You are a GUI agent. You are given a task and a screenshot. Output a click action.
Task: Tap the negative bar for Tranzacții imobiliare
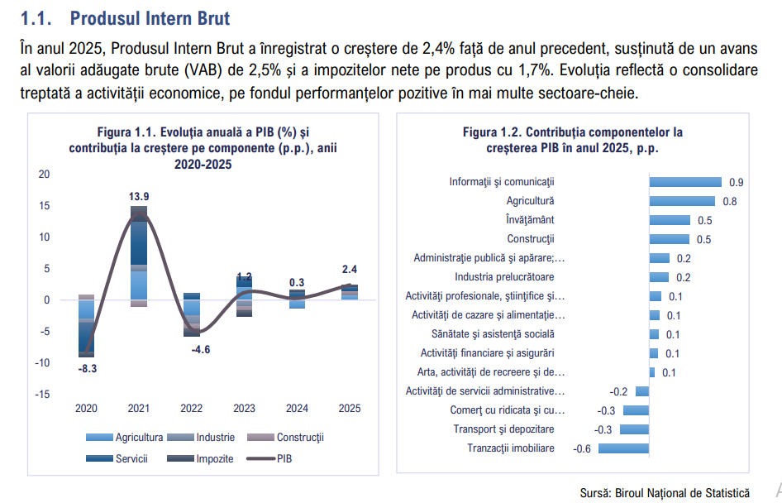(623, 448)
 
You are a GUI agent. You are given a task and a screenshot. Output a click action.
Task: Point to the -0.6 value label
(582, 448)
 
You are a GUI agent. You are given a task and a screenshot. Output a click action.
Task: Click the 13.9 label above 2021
(139, 196)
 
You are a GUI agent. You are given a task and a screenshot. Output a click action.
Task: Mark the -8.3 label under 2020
(87, 368)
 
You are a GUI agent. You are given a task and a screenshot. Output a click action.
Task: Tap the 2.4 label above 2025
(349, 269)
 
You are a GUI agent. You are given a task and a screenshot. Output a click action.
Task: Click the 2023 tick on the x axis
(245, 408)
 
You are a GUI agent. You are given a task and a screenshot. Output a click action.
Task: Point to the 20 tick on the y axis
(45, 175)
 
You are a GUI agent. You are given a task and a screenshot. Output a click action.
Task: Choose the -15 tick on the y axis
(42, 394)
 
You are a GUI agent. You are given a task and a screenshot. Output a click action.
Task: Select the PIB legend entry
(284, 458)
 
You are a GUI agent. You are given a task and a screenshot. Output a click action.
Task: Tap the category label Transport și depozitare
(503, 429)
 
